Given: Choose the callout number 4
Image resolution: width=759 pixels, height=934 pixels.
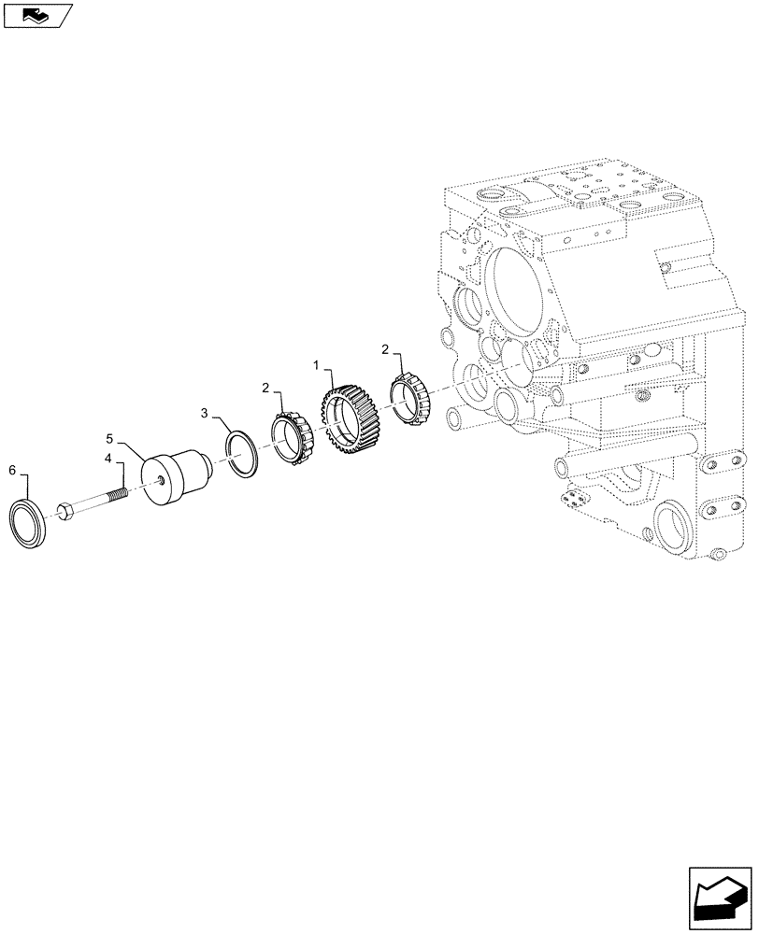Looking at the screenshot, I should pos(108,459).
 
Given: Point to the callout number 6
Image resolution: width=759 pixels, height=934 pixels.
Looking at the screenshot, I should pos(12,469).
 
